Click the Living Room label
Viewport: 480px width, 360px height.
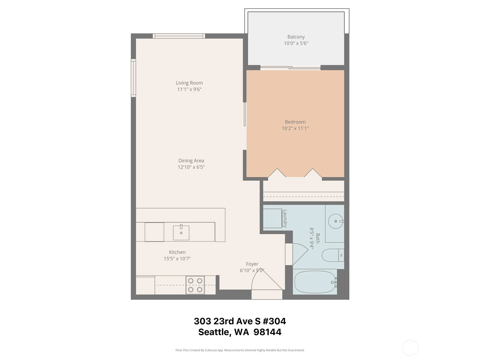click(x=189, y=83)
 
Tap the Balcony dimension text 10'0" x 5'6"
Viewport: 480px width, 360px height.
click(x=296, y=43)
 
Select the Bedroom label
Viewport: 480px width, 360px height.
click(x=295, y=122)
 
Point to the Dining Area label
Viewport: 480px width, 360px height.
click(x=191, y=161)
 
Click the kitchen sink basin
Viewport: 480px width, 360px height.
click(x=181, y=232)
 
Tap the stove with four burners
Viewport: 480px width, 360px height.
click(x=195, y=285)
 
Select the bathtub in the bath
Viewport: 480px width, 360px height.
click(x=315, y=282)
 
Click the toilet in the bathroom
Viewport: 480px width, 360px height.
click(x=333, y=255)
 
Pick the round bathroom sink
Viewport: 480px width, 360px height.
click(x=336, y=221)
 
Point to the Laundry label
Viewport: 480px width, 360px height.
click(x=285, y=219)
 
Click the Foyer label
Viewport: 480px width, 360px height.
click(x=252, y=264)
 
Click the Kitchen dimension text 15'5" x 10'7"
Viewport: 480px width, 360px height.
click(x=177, y=259)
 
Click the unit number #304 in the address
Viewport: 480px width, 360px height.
click(x=274, y=321)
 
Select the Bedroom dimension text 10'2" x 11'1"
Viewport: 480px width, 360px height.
click(x=295, y=128)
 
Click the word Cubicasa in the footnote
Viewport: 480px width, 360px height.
click(x=211, y=350)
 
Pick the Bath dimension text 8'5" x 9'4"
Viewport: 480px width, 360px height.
click(x=311, y=238)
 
